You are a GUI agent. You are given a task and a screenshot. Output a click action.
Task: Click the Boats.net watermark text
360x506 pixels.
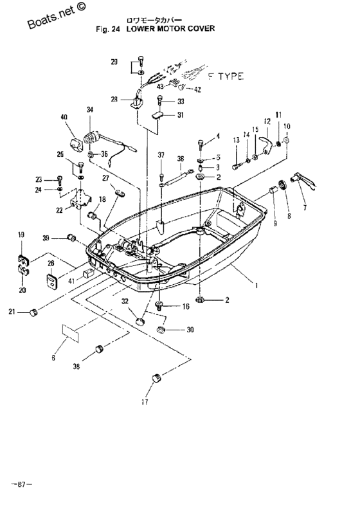[57, 15]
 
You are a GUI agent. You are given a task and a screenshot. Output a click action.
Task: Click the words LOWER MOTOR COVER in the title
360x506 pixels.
[170, 28]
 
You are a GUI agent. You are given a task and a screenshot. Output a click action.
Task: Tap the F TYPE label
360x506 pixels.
[226, 77]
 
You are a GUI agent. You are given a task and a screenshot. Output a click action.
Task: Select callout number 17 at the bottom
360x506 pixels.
[145, 402]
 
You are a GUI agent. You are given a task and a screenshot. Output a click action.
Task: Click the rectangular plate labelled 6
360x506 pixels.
[71, 332]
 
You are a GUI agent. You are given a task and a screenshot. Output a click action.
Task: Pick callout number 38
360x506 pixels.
[76, 366]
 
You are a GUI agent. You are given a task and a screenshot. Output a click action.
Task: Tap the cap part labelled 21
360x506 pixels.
[33, 312]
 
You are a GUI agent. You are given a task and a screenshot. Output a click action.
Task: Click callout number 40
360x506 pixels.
[64, 117]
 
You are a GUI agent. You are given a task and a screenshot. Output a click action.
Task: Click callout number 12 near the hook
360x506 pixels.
[267, 122]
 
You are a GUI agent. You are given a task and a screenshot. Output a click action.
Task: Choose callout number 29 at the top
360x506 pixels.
[114, 62]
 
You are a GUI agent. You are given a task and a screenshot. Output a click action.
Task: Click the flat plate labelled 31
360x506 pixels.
[157, 115]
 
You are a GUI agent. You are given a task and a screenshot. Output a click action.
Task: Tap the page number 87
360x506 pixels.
[22, 484]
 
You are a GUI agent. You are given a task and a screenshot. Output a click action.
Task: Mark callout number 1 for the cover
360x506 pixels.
[256, 285]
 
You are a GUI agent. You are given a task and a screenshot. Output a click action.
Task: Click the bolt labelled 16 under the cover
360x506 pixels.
[159, 305]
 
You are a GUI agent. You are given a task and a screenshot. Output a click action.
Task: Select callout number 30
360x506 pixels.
[190, 330]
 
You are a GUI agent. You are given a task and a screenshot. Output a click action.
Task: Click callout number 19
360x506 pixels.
[21, 235]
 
